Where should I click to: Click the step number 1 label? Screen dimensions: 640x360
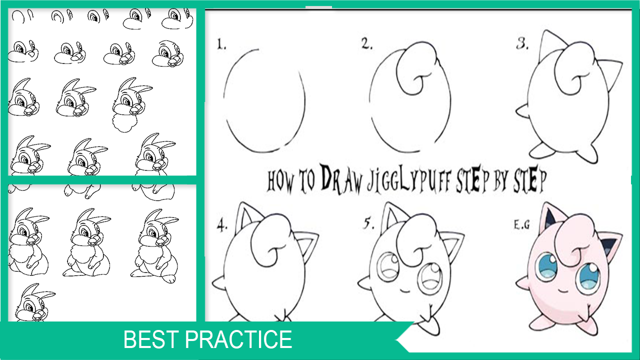click(x=221, y=44)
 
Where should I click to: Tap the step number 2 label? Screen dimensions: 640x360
click(x=367, y=43)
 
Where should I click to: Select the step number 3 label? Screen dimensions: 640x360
click(x=522, y=44)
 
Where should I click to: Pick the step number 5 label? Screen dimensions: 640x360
click(x=368, y=223)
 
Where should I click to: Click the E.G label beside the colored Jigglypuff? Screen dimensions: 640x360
click(x=521, y=225)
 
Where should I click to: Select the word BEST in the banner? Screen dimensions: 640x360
click(x=151, y=339)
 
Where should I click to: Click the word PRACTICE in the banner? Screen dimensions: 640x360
click(x=238, y=339)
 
